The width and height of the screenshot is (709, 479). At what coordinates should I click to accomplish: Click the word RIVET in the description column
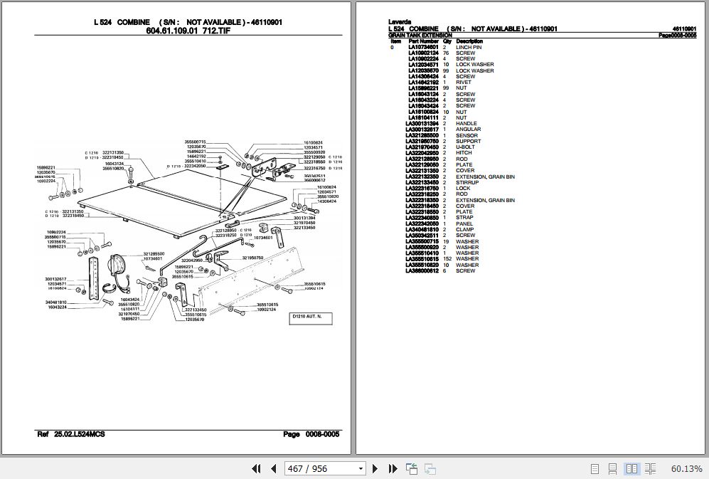[x=463, y=82]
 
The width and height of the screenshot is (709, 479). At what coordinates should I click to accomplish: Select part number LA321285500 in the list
[x=423, y=135]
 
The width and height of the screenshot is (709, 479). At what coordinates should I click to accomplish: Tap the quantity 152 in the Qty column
[x=447, y=259]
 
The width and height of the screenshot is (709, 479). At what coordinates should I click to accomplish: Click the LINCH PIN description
[x=469, y=47]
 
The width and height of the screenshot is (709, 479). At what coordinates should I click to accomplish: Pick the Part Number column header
[x=423, y=41]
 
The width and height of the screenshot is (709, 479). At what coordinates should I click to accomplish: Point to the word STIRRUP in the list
[x=467, y=182]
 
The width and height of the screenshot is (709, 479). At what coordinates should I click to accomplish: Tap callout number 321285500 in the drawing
[x=154, y=253]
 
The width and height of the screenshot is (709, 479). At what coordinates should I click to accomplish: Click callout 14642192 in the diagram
[x=196, y=156]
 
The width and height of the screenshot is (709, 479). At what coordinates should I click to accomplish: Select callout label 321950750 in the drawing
[x=252, y=258]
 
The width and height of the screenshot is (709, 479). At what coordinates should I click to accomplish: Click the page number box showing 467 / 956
[x=324, y=468]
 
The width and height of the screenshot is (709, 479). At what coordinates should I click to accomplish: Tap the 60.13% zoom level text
[x=686, y=468]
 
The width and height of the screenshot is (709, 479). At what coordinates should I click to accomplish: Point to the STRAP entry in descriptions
[x=464, y=218]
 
